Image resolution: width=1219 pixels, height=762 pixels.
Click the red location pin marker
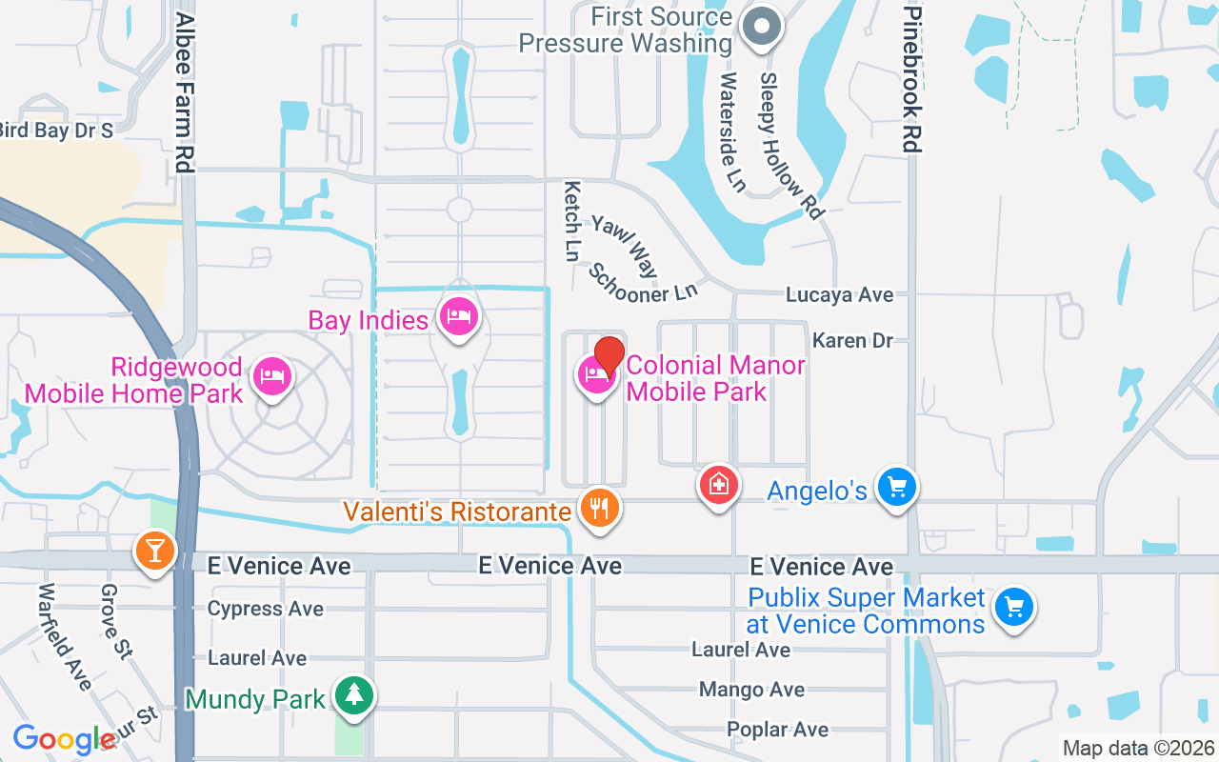[609, 357]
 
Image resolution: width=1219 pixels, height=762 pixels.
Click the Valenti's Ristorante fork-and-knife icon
[599, 509]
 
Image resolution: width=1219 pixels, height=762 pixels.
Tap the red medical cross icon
[719, 486]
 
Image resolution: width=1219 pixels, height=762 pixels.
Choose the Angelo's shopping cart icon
[895, 488]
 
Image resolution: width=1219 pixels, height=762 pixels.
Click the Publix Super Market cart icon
[1013, 607]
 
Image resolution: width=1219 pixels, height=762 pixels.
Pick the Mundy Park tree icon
[354, 694]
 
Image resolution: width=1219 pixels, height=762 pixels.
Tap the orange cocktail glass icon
[154, 551]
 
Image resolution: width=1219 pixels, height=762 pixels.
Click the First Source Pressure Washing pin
[762, 28]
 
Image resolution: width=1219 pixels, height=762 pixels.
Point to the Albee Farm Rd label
[185, 92]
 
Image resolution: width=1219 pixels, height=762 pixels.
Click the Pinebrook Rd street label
[912, 76]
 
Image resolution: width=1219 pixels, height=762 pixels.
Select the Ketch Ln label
[571, 221]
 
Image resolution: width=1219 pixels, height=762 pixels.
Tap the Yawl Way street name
[625, 246]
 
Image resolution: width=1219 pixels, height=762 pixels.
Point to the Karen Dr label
[852, 340]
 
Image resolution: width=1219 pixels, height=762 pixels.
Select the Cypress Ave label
[265, 609]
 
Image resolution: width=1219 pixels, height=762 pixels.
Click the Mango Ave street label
[751, 689]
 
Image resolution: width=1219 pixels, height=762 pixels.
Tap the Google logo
[64, 739]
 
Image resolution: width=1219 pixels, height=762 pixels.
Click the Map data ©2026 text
[1138, 748]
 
